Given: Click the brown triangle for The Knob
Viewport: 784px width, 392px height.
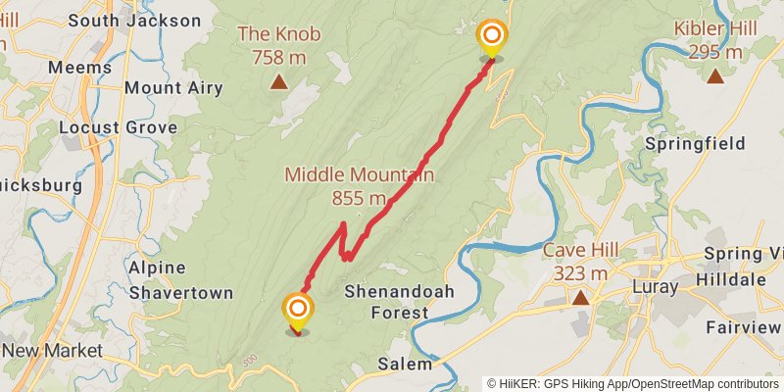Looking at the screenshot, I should [279, 82].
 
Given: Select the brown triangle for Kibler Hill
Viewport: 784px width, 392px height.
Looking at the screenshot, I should [715, 74].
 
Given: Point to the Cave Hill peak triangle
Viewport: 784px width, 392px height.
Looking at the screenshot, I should [581, 297].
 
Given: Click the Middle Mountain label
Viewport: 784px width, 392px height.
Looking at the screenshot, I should [359, 174].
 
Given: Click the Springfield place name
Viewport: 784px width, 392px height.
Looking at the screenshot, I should [695, 144].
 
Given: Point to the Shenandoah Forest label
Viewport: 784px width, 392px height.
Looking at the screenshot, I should [386, 302].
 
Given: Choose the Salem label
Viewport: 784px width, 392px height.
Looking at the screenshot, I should [404, 364].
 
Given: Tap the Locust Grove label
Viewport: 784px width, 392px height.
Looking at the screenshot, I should [118, 127].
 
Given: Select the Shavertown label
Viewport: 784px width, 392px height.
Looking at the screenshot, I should [181, 293].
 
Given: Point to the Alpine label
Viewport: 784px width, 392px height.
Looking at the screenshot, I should [158, 268].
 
